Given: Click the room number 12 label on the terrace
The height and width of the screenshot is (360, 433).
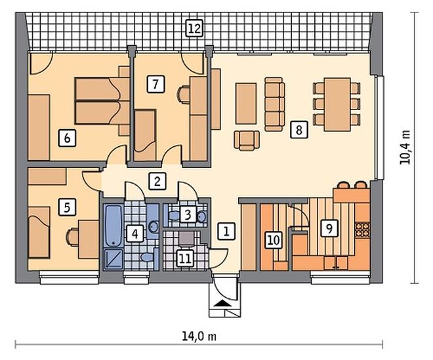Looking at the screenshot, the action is [x=194, y=28].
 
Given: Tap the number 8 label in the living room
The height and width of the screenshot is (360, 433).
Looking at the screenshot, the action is [x=299, y=129].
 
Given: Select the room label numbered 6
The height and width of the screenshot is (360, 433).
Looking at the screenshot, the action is [x=67, y=138].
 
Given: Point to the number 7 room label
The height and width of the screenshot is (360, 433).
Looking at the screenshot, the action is [x=155, y=84].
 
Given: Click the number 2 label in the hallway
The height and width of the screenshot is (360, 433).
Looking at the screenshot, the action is [x=157, y=182].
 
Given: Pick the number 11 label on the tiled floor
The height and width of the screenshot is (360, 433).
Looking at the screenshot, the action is [x=185, y=259].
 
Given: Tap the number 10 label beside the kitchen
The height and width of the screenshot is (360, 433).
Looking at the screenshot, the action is [x=274, y=240].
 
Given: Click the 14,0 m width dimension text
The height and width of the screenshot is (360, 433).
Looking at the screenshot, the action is [x=199, y=336].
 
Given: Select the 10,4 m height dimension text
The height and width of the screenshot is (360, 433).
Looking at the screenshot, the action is [x=405, y=148].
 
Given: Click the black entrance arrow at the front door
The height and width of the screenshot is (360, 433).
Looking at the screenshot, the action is [x=223, y=304].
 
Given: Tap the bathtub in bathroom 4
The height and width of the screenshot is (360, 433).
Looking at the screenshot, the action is [x=113, y=226].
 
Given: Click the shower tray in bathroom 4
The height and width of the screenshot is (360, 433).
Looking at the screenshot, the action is [x=113, y=258].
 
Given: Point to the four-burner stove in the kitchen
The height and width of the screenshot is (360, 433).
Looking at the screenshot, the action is [x=362, y=230].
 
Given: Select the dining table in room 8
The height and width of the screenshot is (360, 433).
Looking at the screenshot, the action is [x=337, y=104].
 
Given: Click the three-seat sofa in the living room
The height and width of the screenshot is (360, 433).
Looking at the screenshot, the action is [x=274, y=104].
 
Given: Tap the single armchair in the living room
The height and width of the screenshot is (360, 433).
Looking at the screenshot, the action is [x=247, y=140].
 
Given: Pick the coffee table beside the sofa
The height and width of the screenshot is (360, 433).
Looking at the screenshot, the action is [x=246, y=104].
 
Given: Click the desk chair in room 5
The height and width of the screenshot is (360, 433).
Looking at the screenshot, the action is [x=72, y=237].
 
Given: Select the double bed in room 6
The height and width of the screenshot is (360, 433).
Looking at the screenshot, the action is [x=102, y=101].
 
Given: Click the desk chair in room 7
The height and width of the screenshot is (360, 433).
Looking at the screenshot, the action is [x=183, y=94].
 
